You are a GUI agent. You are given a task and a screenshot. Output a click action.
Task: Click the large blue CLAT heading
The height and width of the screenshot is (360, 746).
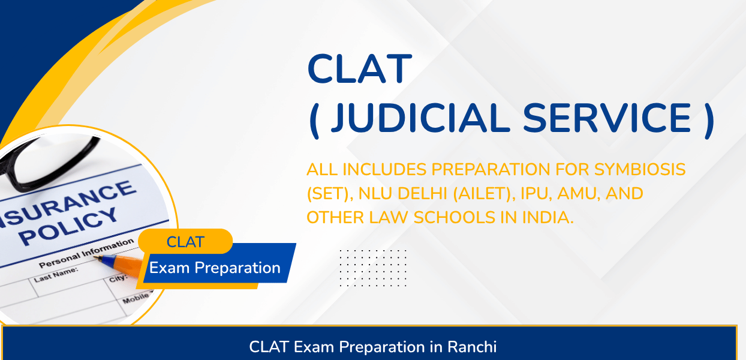360,68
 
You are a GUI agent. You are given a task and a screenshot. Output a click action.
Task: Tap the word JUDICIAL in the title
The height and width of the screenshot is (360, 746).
420,118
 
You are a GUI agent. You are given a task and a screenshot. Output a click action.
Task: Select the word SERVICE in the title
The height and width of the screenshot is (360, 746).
607,118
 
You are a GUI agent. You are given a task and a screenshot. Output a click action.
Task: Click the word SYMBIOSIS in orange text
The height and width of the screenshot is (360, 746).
640,169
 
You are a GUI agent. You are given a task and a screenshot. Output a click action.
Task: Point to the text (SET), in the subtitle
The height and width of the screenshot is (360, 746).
330,194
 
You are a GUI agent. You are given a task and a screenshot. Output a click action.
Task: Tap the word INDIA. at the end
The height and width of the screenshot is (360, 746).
548,217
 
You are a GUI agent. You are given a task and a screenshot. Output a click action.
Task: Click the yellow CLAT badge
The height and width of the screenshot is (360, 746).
185,241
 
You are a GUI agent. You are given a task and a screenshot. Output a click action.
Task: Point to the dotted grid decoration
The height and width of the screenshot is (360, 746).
373,268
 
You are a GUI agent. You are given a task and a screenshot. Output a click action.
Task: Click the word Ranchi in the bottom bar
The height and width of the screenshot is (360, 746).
471,347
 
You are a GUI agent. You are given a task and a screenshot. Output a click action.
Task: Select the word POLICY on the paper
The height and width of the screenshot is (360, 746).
68,226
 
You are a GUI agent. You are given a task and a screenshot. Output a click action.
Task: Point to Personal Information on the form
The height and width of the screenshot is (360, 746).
86,253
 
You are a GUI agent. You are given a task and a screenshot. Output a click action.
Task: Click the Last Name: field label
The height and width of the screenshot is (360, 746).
56,275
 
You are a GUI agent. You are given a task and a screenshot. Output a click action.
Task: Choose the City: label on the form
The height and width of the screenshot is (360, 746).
118,278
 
